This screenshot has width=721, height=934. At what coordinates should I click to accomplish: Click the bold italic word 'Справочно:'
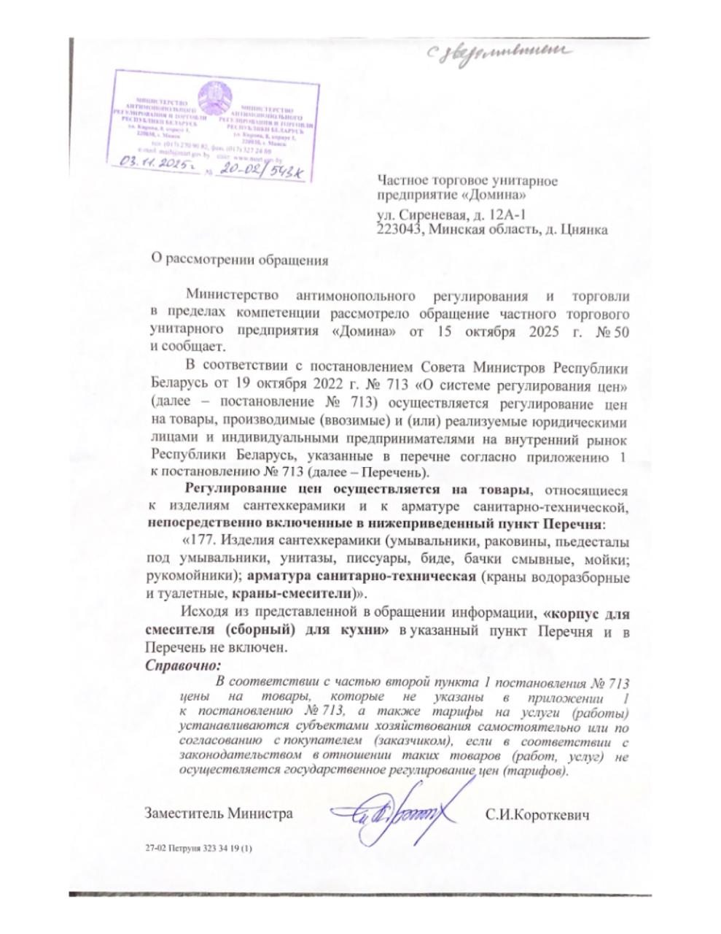(x=182, y=665)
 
